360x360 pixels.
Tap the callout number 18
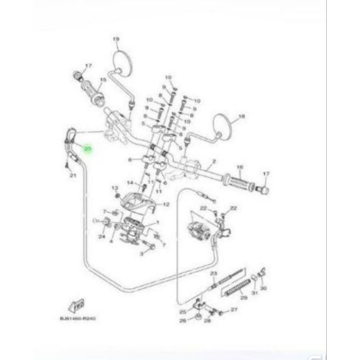tap(242, 116)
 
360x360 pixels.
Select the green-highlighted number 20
tap(87, 148)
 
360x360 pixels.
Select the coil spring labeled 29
tap(237, 288)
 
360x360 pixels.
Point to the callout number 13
tap(114, 187)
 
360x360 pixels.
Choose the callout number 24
tap(102, 235)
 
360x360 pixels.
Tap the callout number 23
tap(213, 274)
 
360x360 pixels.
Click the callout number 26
tap(182, 321)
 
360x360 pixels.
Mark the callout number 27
tap(234, 310)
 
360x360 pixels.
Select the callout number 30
tap(264, 288)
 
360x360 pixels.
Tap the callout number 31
tap(254, 294)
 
